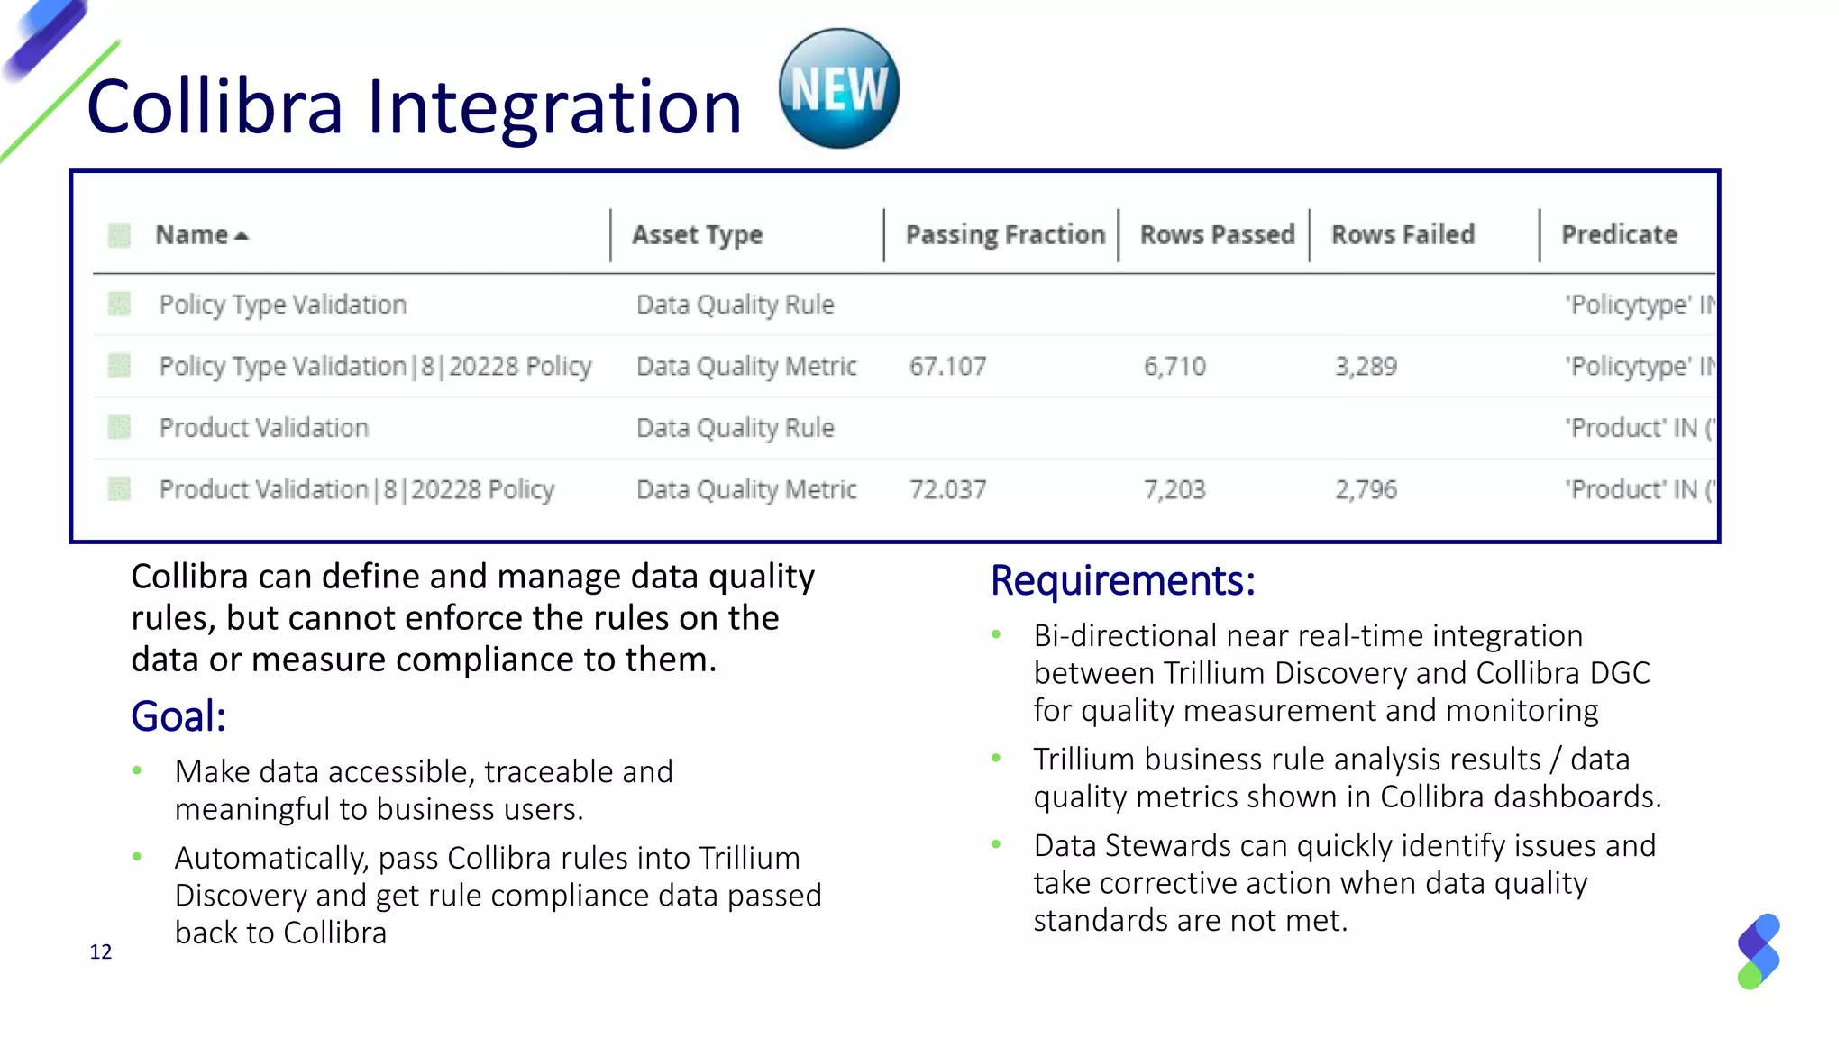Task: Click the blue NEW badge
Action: click(838, 88)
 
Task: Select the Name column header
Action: click(191, 235)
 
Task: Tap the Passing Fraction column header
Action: click(1005, 235)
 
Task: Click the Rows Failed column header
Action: click(1403, 235)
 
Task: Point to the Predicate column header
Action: click(1619, 235)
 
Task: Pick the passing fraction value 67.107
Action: click(947, 367)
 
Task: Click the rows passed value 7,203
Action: click(1174, 490)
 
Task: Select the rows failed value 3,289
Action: click(1366, 367)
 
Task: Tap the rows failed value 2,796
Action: click(1366, 490)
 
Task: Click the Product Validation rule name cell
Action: click(264, 428)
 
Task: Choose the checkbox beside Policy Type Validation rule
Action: click(119, 305)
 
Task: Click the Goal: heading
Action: click(178, 717)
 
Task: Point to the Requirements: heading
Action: click(1122, 581)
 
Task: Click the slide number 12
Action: click(101, 952)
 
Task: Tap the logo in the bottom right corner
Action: click(1759, 951)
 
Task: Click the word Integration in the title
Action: click(553, 107)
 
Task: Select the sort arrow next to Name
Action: click(241, 236)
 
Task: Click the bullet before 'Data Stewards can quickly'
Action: click(996, 844)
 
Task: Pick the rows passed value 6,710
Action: click(1174, 367)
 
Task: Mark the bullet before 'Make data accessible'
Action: click(137, 770)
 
